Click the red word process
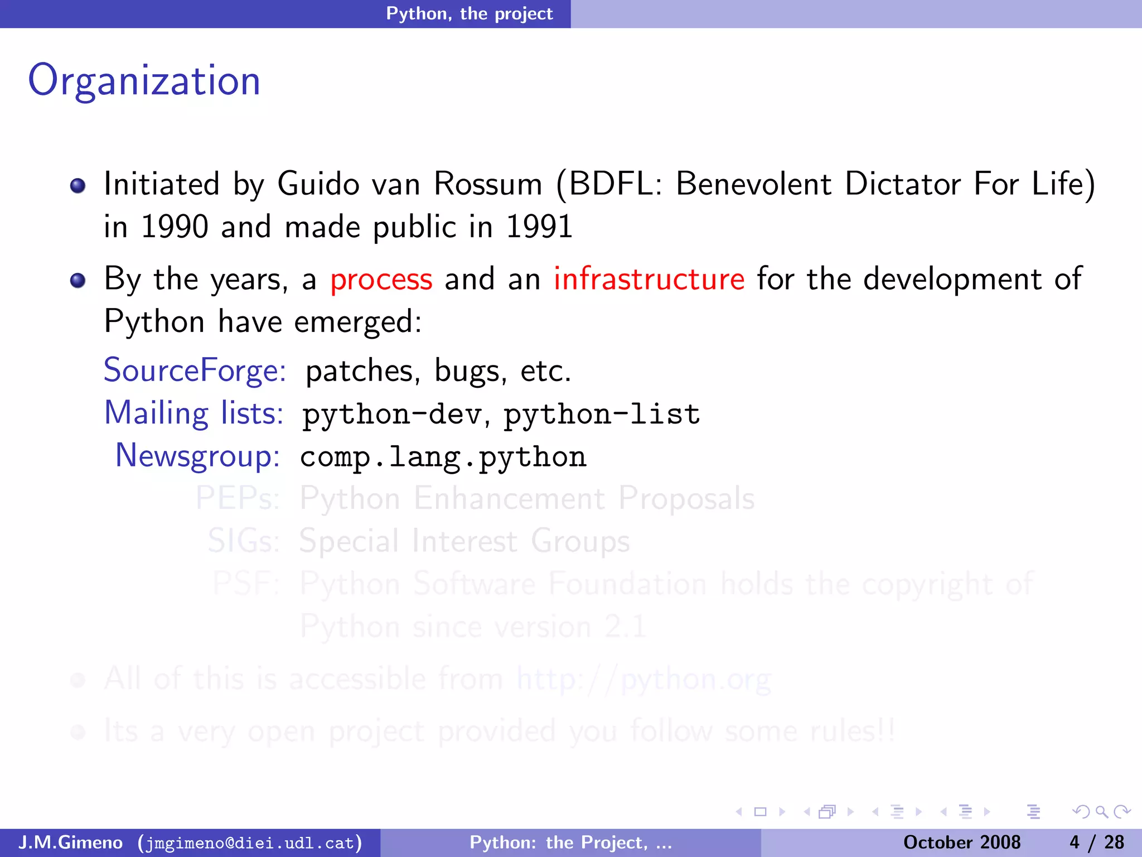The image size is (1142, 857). (381, 280)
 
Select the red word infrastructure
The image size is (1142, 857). (649, 279)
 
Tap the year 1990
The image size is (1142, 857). (174, 227)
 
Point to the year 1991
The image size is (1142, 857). (539, 227)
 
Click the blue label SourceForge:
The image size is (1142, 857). (195, 370)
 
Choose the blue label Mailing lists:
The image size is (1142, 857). (194, 413)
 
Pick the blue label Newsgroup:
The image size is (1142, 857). (197, 456)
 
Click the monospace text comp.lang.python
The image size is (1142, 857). (443, 457)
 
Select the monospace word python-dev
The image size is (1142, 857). (392, 415)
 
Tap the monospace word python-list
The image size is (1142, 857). (602, 415)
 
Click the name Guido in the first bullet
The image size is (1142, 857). (318, 184)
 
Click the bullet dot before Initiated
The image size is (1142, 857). (78, 185)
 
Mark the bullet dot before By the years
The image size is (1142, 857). (78, 280)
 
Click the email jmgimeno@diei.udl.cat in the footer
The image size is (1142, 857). (250, 842)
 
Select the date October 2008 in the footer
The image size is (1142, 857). (962, 842)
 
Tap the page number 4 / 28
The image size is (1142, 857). (1097, 842)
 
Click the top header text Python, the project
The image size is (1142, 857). (470, 13)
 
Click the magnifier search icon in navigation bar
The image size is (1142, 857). (1101, 812)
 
